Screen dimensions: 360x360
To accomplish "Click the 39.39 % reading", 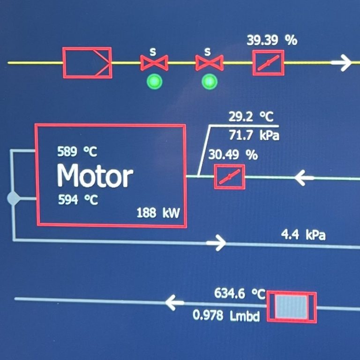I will coord(272,41).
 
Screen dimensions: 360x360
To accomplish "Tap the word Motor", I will coord(95,176).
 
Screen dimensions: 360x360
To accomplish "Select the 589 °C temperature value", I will coord(77,152).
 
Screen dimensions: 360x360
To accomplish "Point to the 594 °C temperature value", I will coord(78,200).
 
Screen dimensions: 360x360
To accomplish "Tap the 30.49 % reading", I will coord(233,155).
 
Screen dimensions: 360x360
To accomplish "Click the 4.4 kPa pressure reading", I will coord(303,234).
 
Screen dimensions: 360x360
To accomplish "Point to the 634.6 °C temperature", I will coord(240,294).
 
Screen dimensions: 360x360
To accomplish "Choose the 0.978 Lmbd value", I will coord(226,315).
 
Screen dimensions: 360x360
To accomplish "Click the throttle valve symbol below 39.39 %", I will coord(269,63).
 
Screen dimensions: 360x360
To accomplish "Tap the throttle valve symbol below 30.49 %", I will coord(230,177).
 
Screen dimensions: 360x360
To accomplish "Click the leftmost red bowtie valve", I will coord(154,62).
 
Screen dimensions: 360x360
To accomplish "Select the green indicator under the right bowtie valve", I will coord(209,82).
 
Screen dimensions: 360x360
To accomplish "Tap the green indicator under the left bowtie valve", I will coord(154,82).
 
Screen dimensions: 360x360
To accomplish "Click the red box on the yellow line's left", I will coord(87,62).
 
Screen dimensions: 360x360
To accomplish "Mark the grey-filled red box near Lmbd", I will coord(291,307).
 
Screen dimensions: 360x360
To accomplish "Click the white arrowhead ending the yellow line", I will coord(345,62).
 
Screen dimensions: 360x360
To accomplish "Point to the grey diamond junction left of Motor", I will coord(13,199).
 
